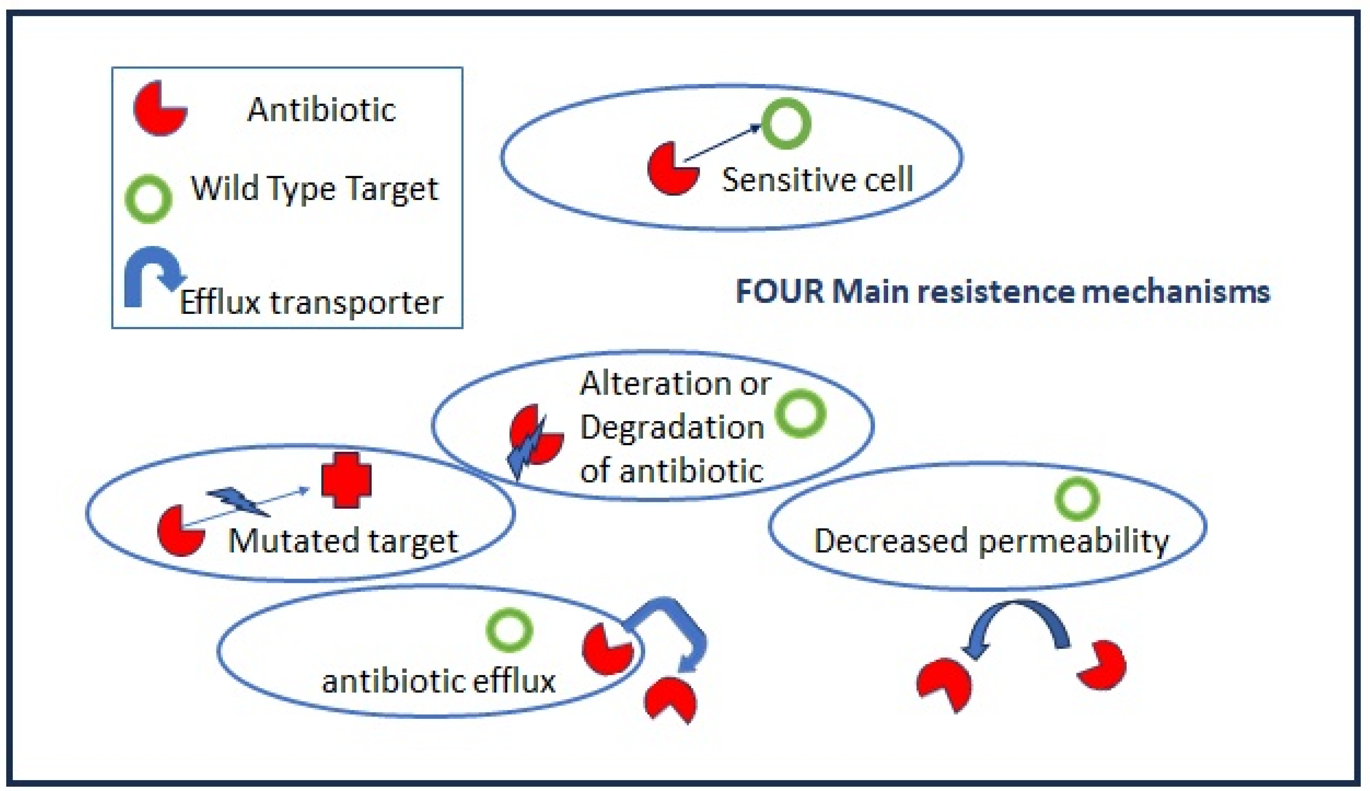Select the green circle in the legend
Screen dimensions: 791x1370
[x=148, y=199]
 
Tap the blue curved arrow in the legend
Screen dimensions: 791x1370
[x=152, y=274]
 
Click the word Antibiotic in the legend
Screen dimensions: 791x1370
[x=321, y=110]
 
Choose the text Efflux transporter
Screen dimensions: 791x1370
[x=311, y=303]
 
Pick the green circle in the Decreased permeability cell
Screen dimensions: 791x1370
[x=1077, y=499]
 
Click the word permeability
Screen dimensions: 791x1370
[x=1074, y=542]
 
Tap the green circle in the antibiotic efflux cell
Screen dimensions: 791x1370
[x=509, y=630]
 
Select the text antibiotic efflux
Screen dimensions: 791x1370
[x=438, y=681]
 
